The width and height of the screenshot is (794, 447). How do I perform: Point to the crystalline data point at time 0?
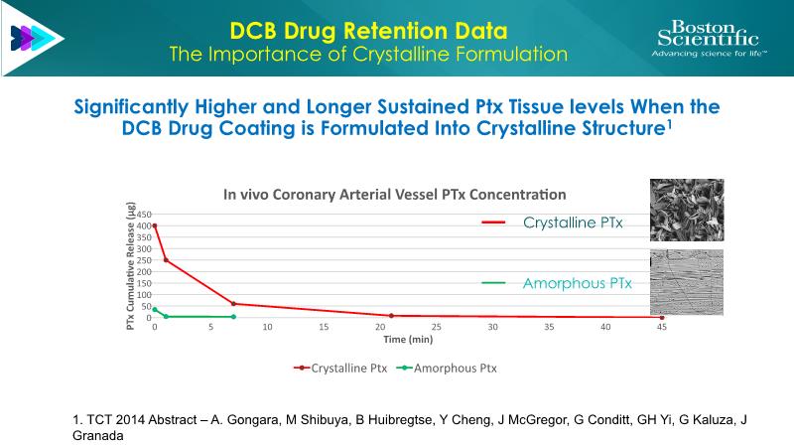coord(155,225)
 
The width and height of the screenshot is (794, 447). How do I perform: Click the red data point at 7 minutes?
coord(233,304)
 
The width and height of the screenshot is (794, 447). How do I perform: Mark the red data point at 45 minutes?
coord(662,318)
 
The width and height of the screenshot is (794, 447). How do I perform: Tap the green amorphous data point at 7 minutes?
coord(233,317)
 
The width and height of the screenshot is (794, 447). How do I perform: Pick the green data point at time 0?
coord(155,309)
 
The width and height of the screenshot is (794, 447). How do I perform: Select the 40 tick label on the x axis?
coord(605,327)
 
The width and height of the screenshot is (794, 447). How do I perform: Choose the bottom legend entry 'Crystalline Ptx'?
coord(340,368)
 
